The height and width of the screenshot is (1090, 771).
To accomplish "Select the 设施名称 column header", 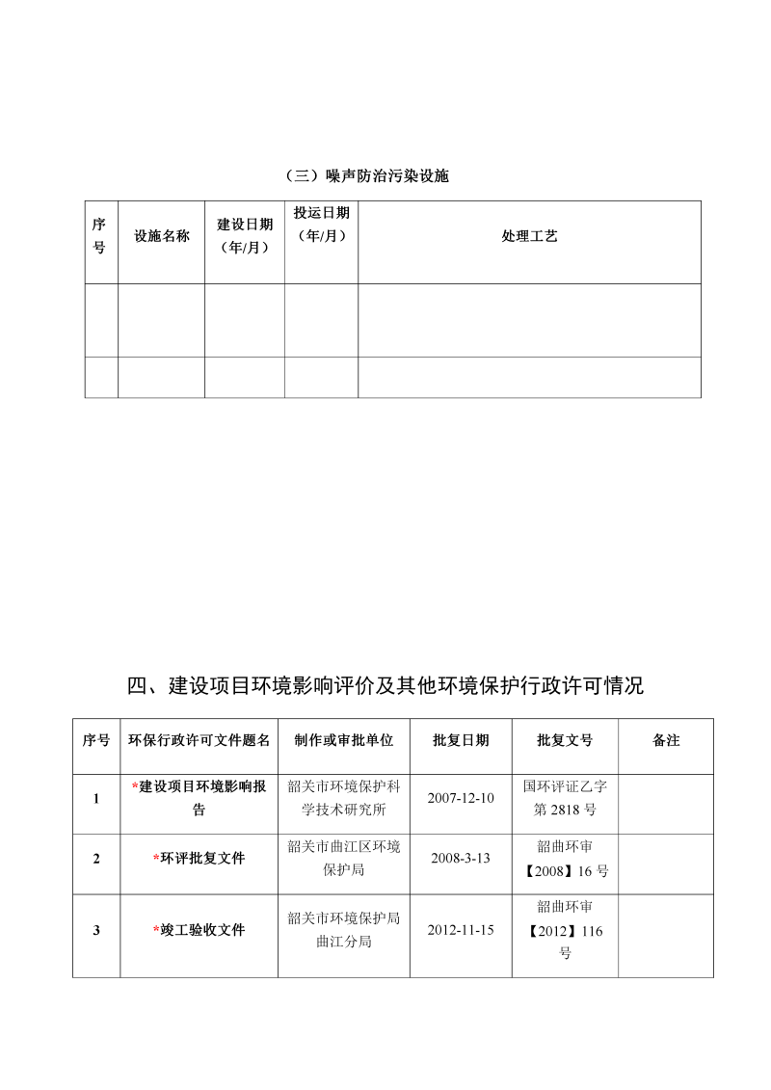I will pyautogui.click(x=162, y=236).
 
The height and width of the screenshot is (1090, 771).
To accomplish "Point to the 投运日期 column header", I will pyautogui.click(x=322, y=225).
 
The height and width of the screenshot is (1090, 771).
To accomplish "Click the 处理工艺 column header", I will pyautogui.click(x=529, y=236).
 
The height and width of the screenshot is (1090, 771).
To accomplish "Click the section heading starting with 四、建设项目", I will pyautogui.click(x=385, y=686).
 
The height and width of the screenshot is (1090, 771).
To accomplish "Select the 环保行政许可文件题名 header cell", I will pyautogui.click(x=199, y=740).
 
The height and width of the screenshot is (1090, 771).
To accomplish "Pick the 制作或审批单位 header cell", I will pyautogui.click(x=344, y=740).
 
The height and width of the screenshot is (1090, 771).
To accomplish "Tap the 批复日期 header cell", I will pyautogui.click(x=461, y=740).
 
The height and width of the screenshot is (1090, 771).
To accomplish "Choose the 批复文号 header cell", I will pyautogui.click(x=565, y=740).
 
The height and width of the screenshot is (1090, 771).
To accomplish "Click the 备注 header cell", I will pyautogui.click(x=666, y=740).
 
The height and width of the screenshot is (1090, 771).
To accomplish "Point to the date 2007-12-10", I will pyautogui.click(x=461, y=798).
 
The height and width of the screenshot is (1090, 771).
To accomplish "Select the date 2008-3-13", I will pyautogui.click(x=461, y=858).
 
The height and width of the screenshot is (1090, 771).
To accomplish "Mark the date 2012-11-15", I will pyautogui.click(x=461, y=930).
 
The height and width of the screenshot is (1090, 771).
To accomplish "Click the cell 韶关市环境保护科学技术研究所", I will pyautogui.click(x=344, y=798).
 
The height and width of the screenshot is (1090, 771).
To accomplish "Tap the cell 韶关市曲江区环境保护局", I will pyautogui.click(x=344, y=858).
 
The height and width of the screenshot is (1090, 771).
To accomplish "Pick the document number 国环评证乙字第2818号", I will pyautogui.click(x=565, y=798).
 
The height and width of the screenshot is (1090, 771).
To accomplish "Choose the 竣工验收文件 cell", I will pyautogui.click(x=199, y=930).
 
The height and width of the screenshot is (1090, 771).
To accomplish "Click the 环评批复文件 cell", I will pyautogui.click(x=199, y=858).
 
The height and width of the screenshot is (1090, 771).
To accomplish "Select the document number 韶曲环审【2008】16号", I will pyautogui.click(x=565, y=858).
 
